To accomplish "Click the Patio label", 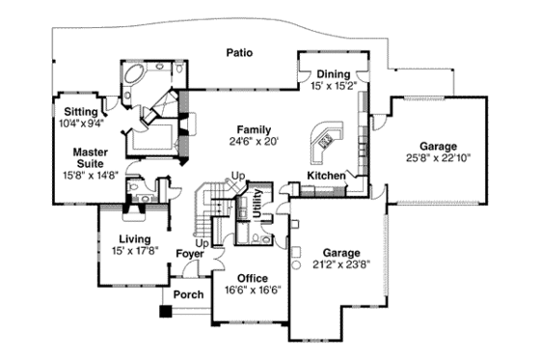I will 239,53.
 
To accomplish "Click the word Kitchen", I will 325,175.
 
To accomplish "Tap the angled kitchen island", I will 323,144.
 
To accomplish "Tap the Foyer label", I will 190,256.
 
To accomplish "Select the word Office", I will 252,278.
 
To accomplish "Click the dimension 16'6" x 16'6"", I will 252,290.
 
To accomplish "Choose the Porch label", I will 189,294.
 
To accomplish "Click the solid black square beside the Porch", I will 165,312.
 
